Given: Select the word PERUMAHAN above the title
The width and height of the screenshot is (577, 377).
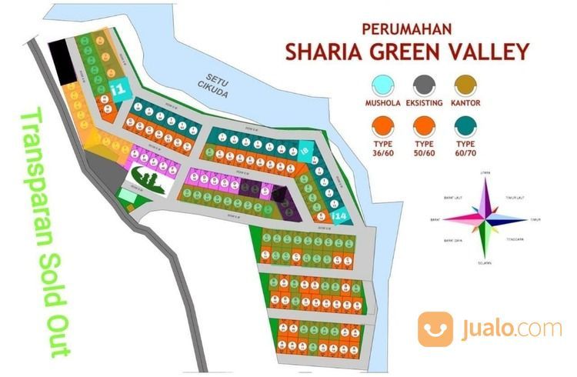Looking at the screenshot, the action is pos(405,28).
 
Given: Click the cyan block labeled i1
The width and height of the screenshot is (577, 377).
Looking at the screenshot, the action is pos(118,90).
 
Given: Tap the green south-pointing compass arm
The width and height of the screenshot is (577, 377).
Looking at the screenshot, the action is pos(484,242).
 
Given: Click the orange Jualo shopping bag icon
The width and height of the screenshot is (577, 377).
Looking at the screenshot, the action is pos(435,329).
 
